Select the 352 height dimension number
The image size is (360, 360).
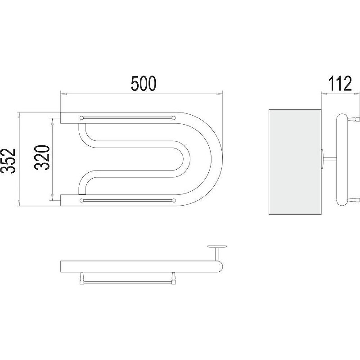tap(8, 161)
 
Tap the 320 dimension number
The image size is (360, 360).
tap(42, 157)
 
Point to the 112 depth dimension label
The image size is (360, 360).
tap(340, 84)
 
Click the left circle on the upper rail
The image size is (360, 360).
tap(81, 118)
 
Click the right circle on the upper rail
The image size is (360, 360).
tap(174, 118)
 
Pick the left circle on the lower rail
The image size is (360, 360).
tap(81, 200)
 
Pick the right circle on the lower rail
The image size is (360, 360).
tap(174, 200)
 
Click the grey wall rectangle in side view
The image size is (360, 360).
tap(295, 162)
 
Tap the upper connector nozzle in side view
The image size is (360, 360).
tap(354, 119)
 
